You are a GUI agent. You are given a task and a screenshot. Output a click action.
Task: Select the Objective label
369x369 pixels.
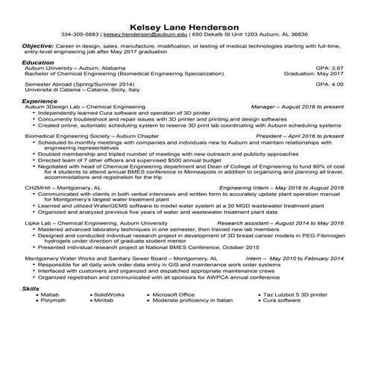[x=37, y=45]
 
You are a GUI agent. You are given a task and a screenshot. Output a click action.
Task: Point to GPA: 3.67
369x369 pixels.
[x=327, y=68]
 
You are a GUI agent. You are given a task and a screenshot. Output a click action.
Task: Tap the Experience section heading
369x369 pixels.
[x=40, y=101]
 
